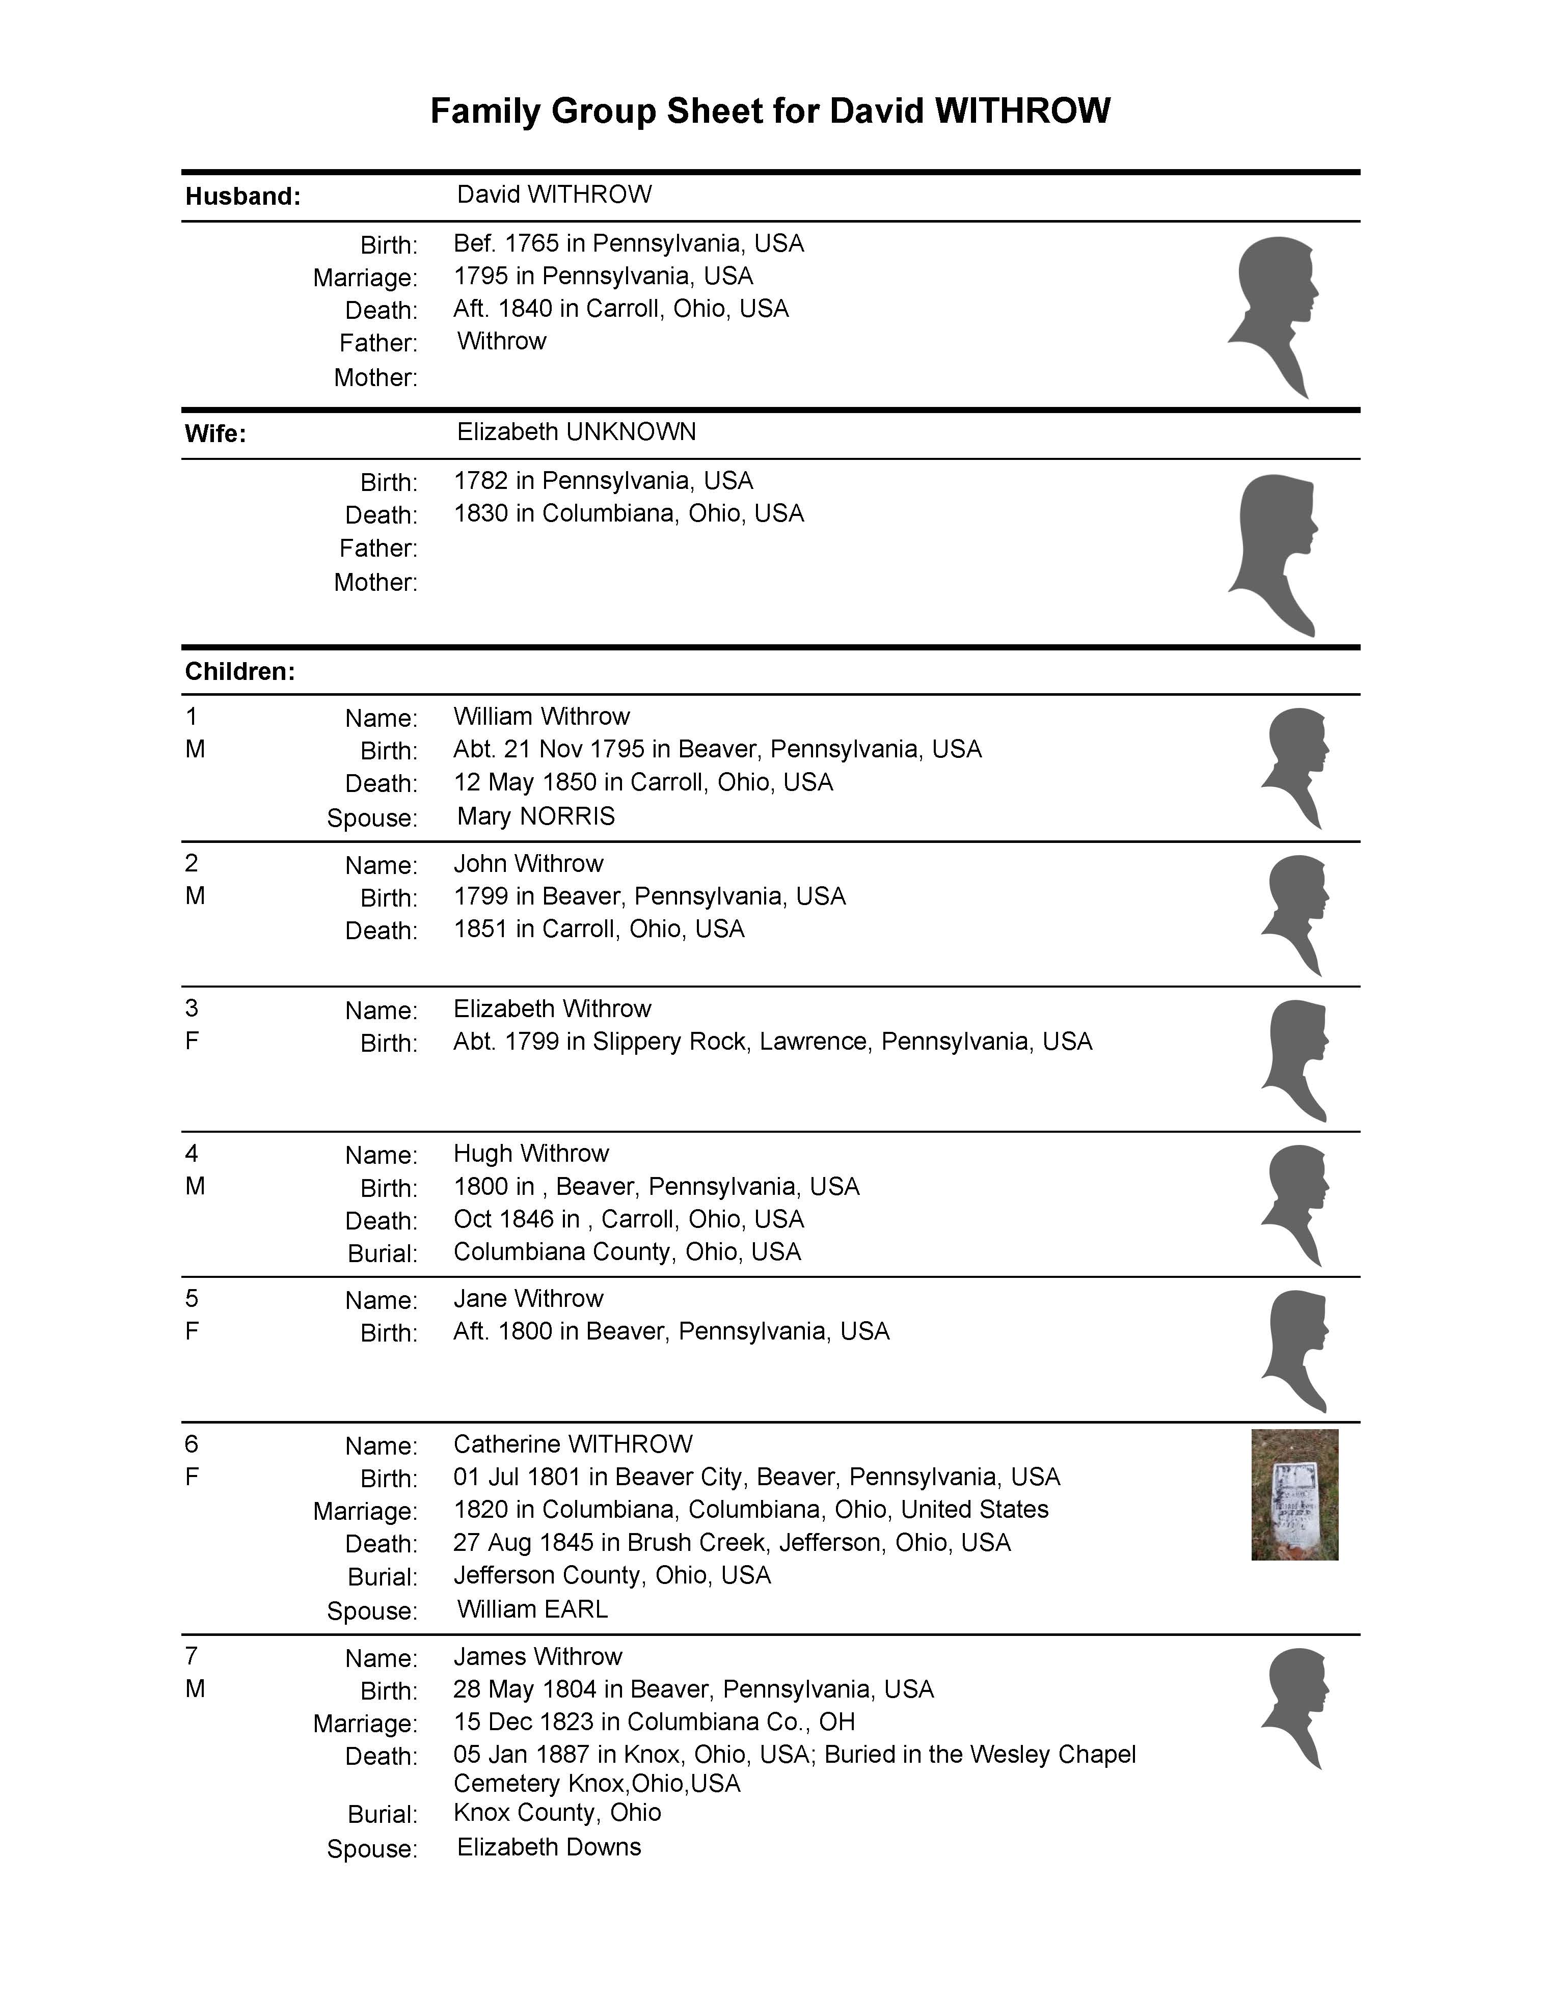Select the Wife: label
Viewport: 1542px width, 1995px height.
215,434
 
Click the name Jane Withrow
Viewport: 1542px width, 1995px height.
528,1298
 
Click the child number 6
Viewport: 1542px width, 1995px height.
192,1444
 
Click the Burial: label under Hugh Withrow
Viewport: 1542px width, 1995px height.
382,1253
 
